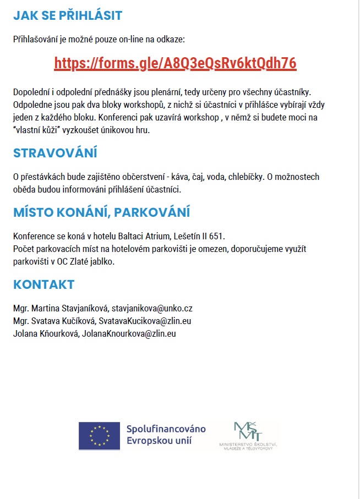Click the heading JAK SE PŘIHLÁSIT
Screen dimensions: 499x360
click(x=68, y=15)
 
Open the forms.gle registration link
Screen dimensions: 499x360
click(x=175, y=63)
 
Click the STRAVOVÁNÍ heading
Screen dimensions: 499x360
click(x=55, y=153)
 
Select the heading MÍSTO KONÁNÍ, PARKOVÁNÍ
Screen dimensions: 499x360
click(x=102, y=212)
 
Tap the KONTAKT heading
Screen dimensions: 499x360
click(x=43, y=284)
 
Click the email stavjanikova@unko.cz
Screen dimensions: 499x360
click(x=152, y=308)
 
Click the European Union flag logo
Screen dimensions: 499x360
click(x=99, y=436)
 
